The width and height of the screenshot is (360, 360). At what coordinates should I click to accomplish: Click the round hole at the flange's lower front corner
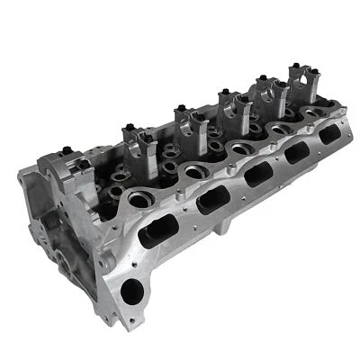pyautogui.click(x=131, y=290)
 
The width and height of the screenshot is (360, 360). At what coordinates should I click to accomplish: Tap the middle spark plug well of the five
pyautogui.click(x=240, y=145)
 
